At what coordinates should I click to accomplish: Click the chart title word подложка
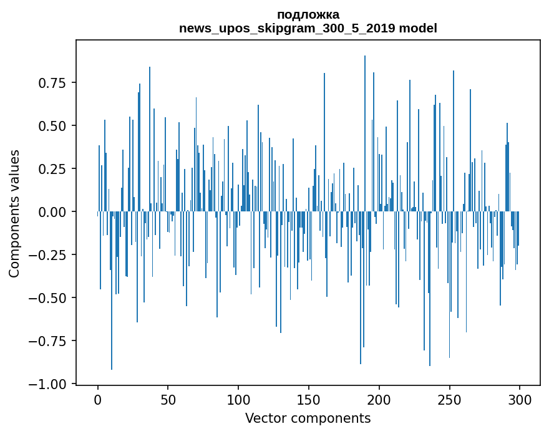(308, 15)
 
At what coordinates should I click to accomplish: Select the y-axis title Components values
(14, 213)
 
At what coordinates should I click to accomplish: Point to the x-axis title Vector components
(308, 418)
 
